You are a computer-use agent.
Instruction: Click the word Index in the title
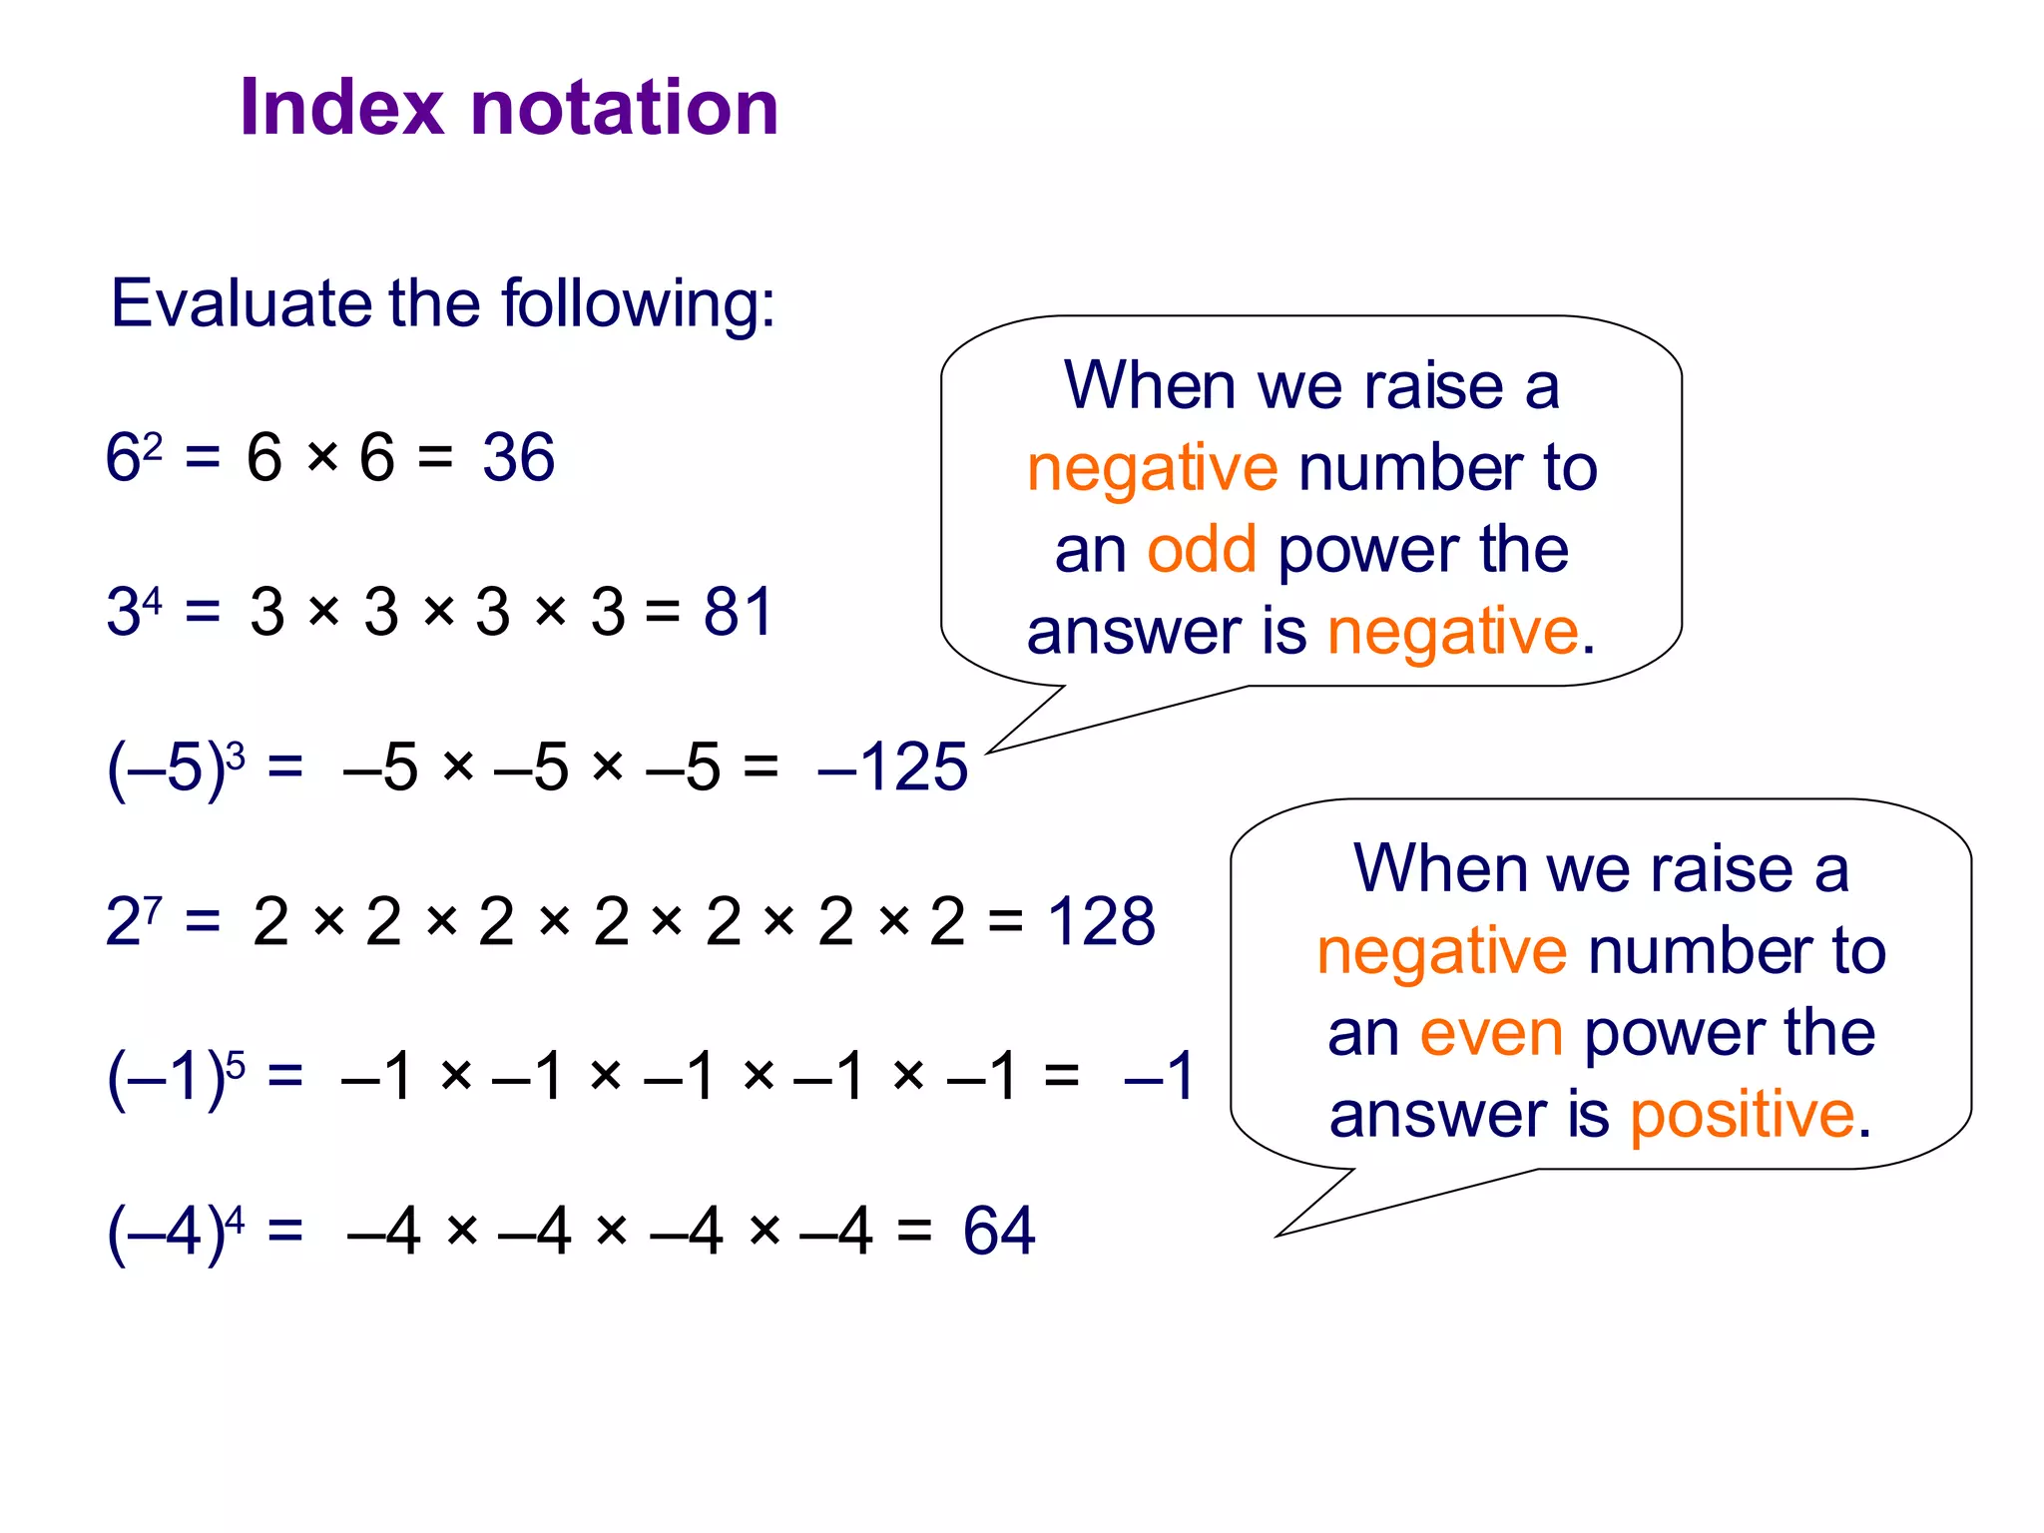pyautogui.click(x=341, y=107)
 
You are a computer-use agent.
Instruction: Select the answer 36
pyautogui.click(x=518, y=458)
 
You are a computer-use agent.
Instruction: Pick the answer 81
pyautogui.click(x=739, y=612)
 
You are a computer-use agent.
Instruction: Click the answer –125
pyautogui.click(x=892, y=767)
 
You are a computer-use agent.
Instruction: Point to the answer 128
pyautogui.click(x=1101, y=921)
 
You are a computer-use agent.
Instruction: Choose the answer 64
pyautogui.click(x=999, y=1231)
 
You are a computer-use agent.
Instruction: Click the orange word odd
pyautogui.click(x=1201, y=549)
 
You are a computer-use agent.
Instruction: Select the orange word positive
pyautogui.click(x=1742, y=1114)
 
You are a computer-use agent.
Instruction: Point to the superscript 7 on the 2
pyautogui.click(x=152, y=907)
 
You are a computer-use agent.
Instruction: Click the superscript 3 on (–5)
pyautogui.click(x=236, y=755)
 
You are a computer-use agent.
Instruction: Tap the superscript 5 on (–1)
pyautogui.click(x=236, y=1063)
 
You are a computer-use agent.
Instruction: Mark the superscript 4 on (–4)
pyautogui.click(x=235, y=1218)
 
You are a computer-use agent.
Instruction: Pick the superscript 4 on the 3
pyautogui.click(x=152, y=600)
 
